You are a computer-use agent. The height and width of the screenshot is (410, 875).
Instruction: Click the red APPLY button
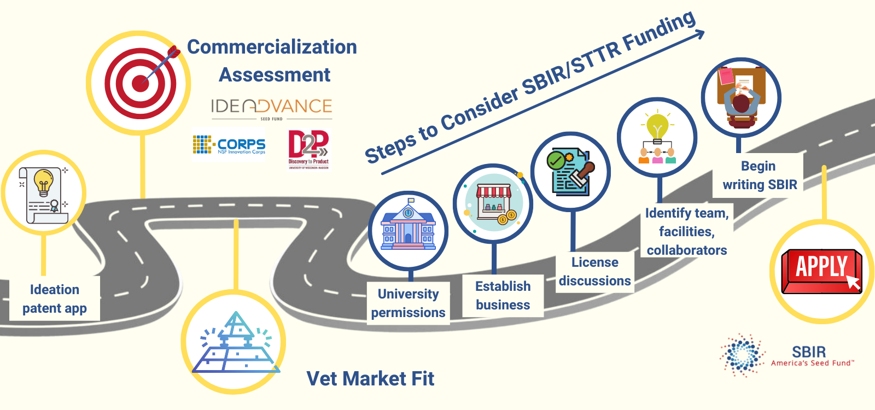(x=821, y=271)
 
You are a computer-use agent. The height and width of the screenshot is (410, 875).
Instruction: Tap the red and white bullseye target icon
(x=140, y=83)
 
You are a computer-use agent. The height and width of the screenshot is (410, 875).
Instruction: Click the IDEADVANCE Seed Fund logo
(x=272, y=108)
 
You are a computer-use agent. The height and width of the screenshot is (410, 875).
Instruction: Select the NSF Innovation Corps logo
(x=229, y=145)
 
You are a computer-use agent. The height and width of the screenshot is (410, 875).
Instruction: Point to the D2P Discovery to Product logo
(x=308, y=149)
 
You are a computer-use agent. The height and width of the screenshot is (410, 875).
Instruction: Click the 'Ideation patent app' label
(x=55, y=298)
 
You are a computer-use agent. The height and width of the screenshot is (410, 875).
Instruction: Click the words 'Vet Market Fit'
(x=370, y=378)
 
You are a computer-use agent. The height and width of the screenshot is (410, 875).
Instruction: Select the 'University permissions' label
(x=409, y=303)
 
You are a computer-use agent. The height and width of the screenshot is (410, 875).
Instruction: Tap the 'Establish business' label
(x=503, y=295)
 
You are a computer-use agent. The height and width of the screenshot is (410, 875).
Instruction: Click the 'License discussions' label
(x=595, y=271)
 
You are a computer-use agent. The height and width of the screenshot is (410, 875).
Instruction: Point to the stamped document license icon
(x=571, y=172)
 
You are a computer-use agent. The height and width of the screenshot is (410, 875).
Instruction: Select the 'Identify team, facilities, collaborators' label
(x=687, y=231)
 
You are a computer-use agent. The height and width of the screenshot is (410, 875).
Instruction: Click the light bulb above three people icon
(x=657, y=137)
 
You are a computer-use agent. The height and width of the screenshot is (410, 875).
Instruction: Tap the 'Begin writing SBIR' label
(x=759, y=175)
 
